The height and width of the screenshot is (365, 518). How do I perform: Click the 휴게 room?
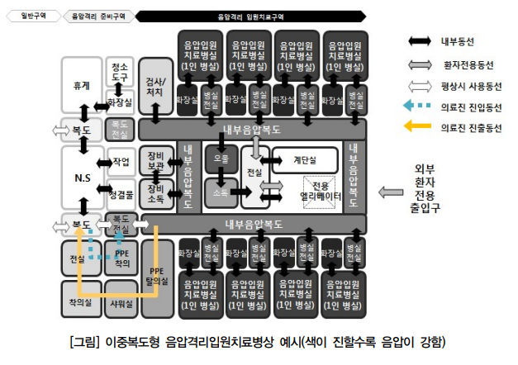coord(81,87)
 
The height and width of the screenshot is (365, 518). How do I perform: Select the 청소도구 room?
coord(120,72)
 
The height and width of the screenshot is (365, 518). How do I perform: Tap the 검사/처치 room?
coord(155,87)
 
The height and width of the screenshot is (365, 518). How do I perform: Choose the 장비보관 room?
coord(155,160)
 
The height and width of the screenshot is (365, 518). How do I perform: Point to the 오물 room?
coord(221,158)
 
